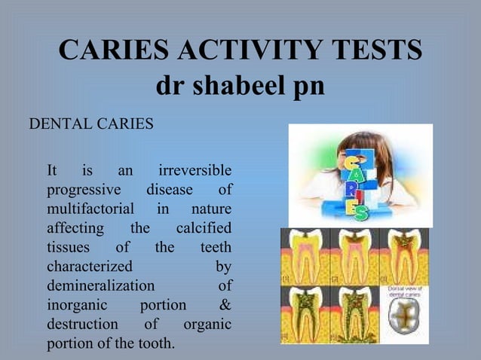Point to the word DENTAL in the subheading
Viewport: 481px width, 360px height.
pos(58,123)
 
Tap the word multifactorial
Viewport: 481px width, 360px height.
pos(90,208)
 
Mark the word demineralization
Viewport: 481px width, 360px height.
pos(100,286)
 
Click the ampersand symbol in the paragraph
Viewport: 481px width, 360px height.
pos(225,306)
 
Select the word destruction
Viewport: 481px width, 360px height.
pos(82,325)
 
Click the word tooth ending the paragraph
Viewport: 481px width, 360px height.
pos(155,345)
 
